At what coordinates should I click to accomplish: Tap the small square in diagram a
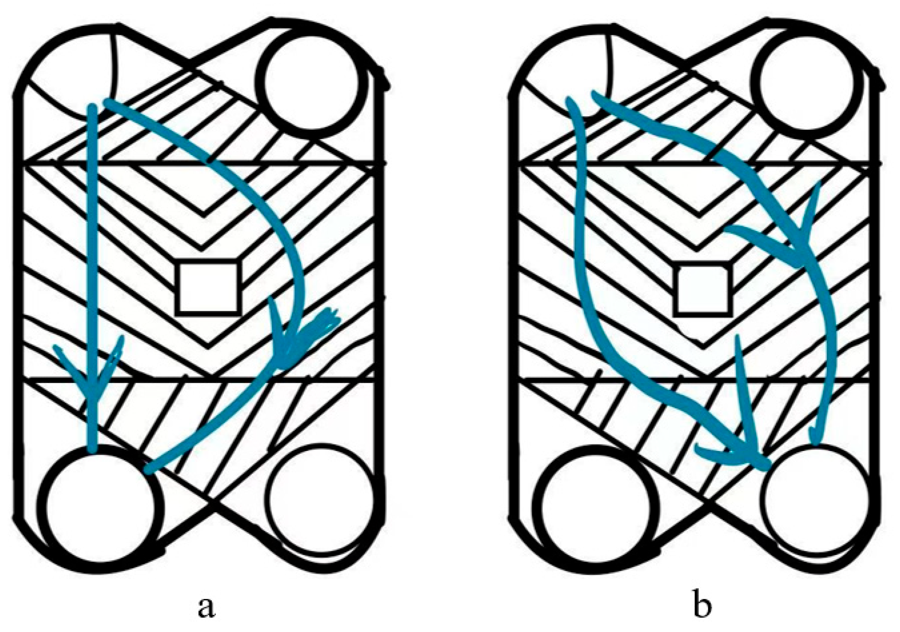pos(208,288)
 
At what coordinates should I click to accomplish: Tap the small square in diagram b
pos(702,289)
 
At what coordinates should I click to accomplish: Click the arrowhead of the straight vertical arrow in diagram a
pos(92,377)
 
